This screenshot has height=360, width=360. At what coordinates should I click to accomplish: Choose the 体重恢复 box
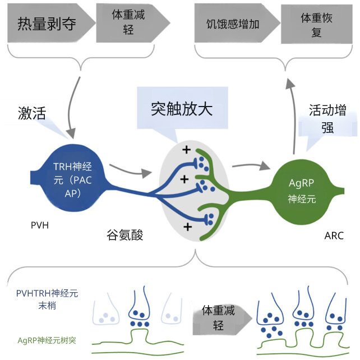pos(314,25)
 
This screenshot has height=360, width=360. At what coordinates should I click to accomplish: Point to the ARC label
pos(334,236)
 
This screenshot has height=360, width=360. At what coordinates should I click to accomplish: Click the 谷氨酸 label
pos(124,234)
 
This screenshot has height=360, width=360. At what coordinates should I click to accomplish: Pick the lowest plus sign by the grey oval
pos(187,226)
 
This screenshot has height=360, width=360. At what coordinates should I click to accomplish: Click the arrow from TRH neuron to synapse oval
pos(130,169)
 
